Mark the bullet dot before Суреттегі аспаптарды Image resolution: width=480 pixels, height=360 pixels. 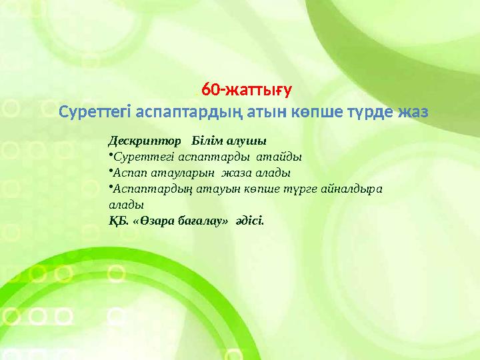pyautogui.click(x=110, y=156)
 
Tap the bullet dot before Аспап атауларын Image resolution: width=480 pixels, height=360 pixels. pyautogui.click(x=110, y=171)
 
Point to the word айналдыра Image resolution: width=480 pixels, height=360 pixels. pyautogui.click(x=357, y=189)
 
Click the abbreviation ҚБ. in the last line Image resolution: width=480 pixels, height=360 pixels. pyautogui.click(x=118, y=220)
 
